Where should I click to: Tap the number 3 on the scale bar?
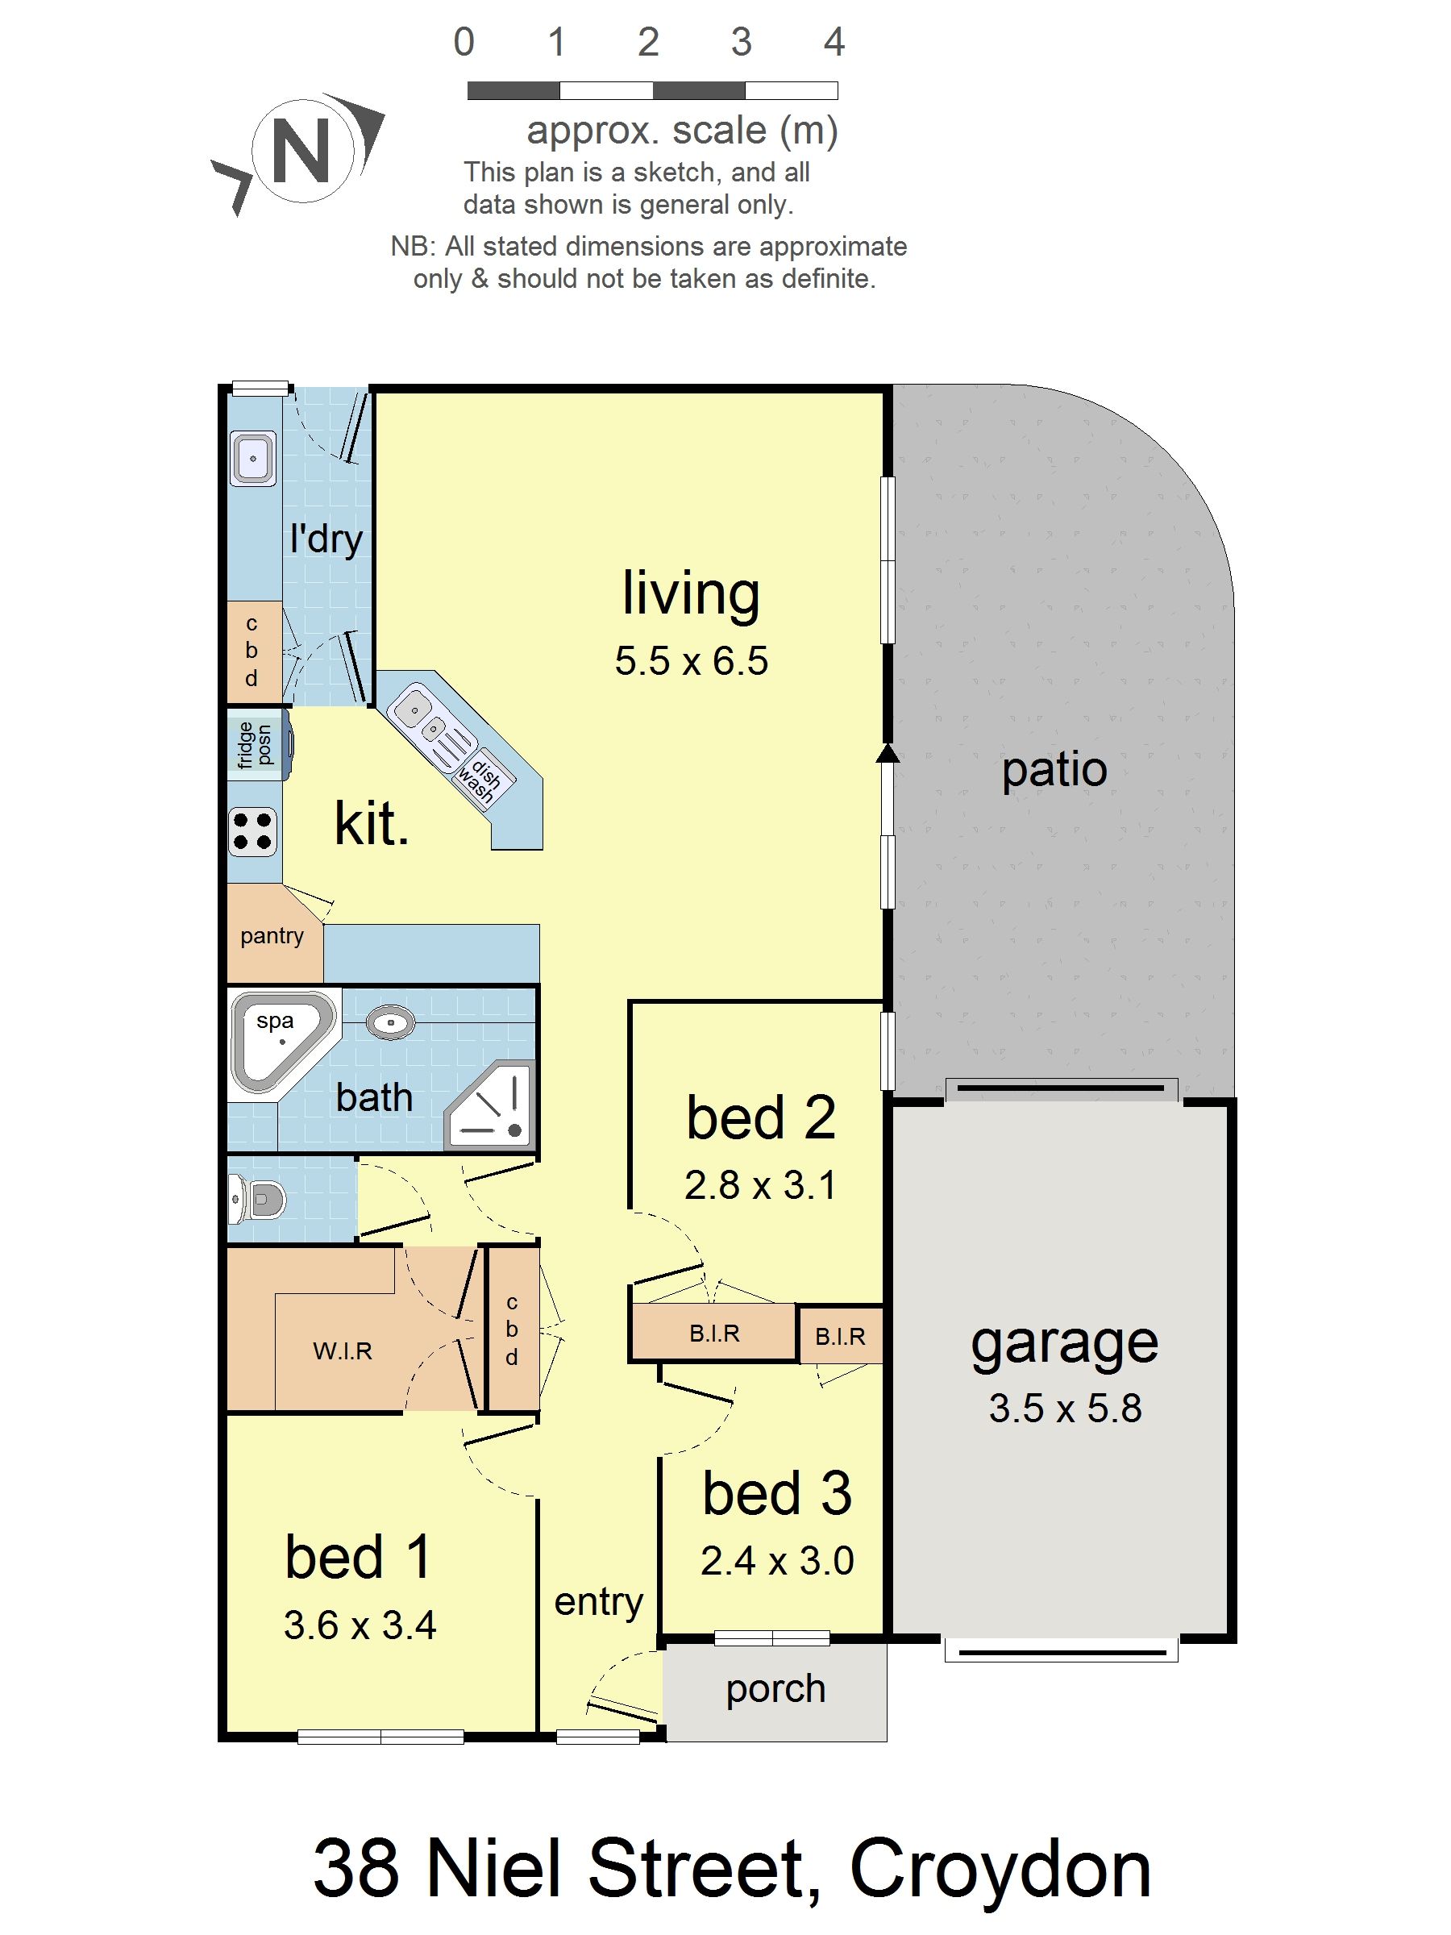741,42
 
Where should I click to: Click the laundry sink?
253,457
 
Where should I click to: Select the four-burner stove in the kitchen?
253,831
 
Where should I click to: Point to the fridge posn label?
255,745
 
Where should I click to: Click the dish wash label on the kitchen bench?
480,778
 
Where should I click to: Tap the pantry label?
272,935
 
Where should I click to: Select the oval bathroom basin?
390,1022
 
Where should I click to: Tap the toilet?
260,1200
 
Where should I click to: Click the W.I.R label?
343,1350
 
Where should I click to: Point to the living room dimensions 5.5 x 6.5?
691,660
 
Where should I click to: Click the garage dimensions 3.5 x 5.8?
1064,1408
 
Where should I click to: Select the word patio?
1054,770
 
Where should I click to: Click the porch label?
775,1688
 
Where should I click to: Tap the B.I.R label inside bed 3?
840,1336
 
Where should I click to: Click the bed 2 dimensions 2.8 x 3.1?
760,1185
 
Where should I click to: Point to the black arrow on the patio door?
888,753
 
